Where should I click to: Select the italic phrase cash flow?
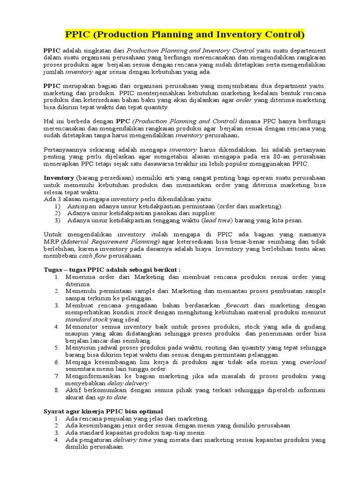click(92, 256)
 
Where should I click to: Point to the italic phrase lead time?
click(217, 220)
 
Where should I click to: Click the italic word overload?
click(313, 362)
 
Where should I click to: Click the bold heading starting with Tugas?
click(112, 270)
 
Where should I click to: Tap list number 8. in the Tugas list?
click(57, 390)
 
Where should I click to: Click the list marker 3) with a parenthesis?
click(58, 220)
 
